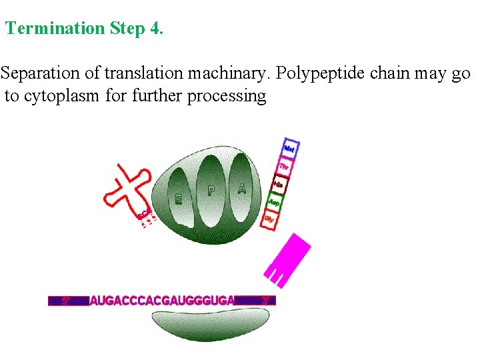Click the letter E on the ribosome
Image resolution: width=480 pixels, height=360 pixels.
pos(178,199)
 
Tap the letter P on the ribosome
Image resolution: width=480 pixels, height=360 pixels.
pos(211,191)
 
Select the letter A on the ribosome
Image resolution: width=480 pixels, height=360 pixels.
pos(241,189)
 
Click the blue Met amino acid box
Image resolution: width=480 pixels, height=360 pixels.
pos(289,148)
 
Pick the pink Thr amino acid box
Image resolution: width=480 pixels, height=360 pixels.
pos(284,166)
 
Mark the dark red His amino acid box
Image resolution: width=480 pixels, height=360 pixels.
pos(279,183)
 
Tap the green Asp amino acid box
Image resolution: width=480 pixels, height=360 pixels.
pos(274,201)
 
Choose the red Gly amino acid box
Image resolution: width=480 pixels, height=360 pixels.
pos(269,218)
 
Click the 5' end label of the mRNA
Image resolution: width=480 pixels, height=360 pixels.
pos(66,301)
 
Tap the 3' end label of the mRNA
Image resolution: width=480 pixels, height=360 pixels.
pos(264,301)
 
